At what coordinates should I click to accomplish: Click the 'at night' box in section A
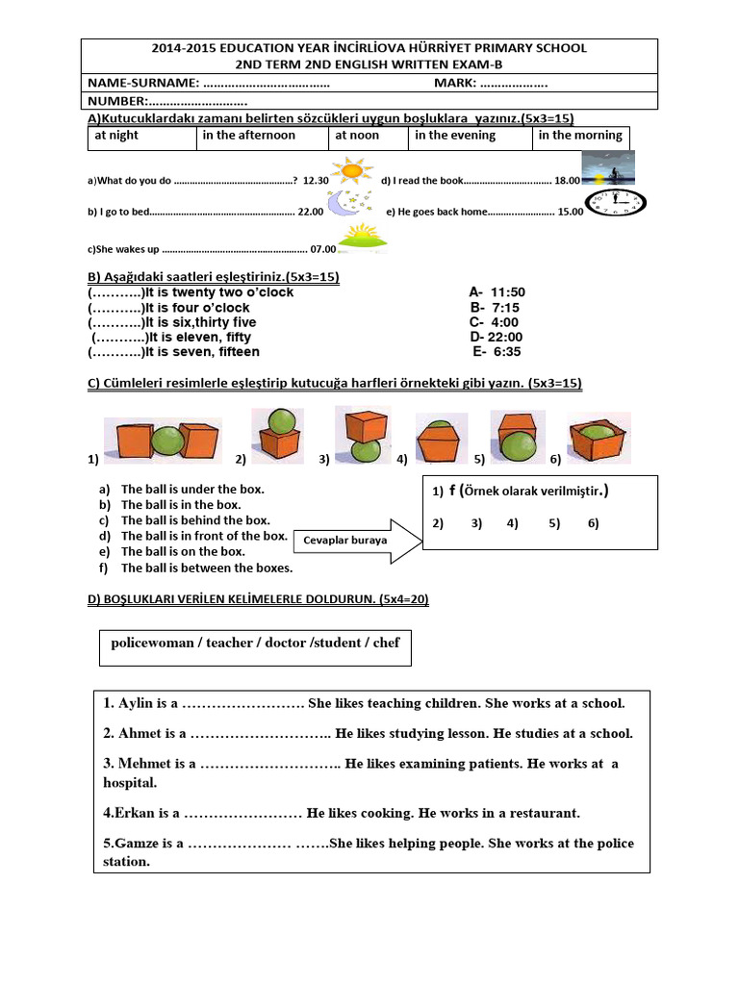[141, 138]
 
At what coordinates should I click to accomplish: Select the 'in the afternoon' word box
[263, 138]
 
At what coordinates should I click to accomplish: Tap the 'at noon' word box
[368, 138]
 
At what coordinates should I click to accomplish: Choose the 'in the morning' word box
[581, 138]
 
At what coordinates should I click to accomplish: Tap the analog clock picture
[616, 204]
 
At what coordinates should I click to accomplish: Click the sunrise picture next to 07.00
[356, 238]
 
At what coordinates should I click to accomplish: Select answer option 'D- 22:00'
[497, 337]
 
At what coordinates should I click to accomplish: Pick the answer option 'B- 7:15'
[495, 307]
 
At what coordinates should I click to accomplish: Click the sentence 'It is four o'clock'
[197, 308]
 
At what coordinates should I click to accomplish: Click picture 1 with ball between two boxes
[163, 441]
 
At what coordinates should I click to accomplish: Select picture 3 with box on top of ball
[363, 436]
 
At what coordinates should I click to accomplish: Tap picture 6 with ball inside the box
[599, 439]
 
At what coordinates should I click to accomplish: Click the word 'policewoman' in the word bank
[151, 642]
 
